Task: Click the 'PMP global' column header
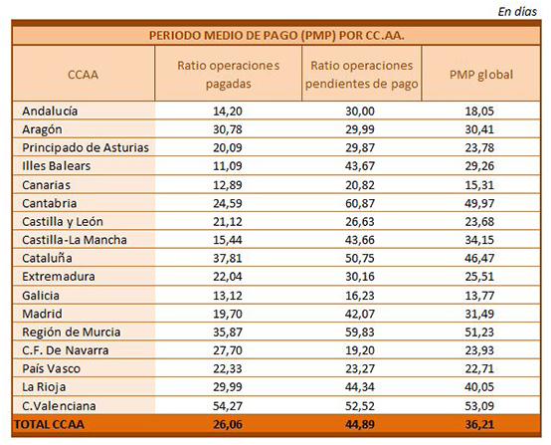point(481,75)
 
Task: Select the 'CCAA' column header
point(83,75)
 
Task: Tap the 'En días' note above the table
point(517,12)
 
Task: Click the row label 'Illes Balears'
point(57,165)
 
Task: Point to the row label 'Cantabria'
point(49,203)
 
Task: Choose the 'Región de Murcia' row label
point(72,332)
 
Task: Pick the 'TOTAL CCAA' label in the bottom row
point(49,424)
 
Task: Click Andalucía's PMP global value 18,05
point(479,111)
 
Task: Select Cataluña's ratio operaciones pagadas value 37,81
point(228,258)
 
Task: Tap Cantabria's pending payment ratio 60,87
point(360,203)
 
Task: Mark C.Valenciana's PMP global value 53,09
point(479,405)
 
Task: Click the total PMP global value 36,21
point(479,424)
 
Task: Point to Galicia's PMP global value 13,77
point(479,295)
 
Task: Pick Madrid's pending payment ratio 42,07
point(360,314)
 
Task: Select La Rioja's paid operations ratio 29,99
point(228,386)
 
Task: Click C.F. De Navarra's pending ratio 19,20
point(360,350)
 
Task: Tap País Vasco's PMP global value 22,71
point(479,368)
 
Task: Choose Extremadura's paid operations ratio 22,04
point(228,276)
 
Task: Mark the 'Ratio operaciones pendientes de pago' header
point(362,75)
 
